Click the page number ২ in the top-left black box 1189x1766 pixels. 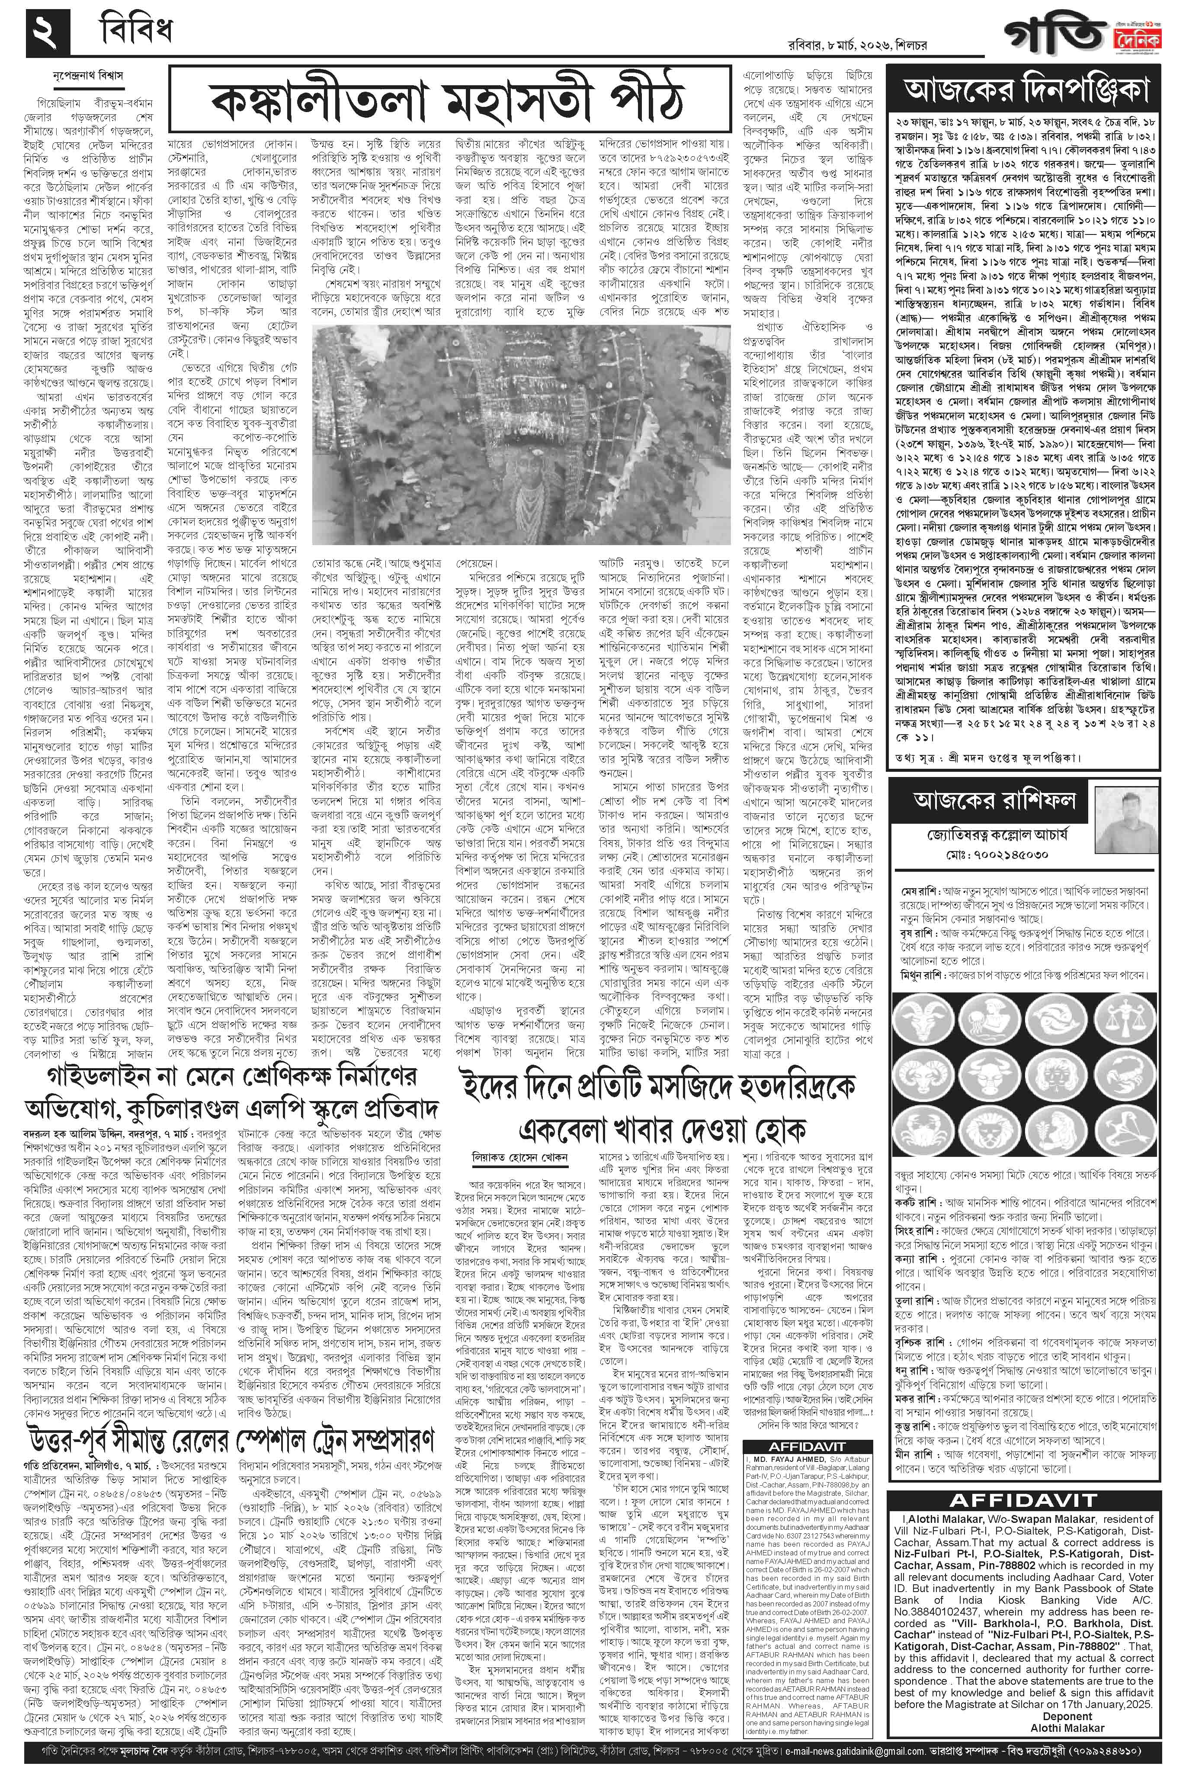tap(47, 34)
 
